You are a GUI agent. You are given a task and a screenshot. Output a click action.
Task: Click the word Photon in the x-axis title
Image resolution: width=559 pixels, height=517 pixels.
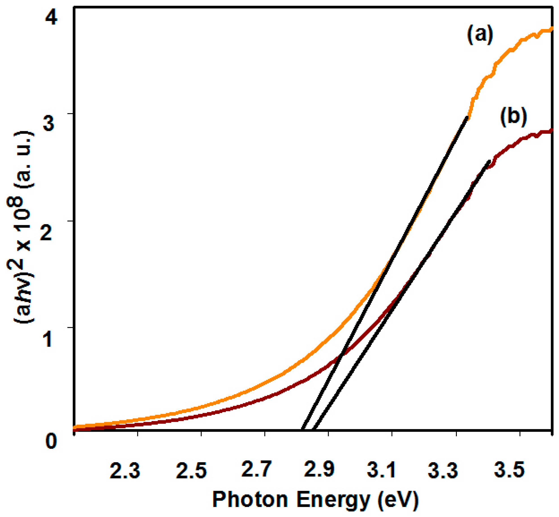pyautogui.click(x=250, y=499)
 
